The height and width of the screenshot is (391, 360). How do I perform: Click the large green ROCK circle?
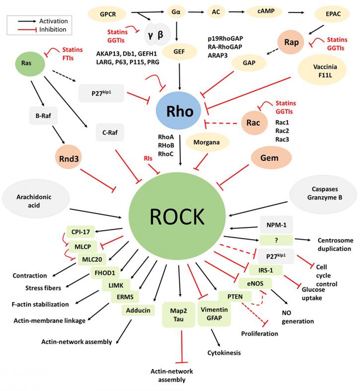[177, 216]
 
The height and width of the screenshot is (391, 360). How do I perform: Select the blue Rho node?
[179, 111]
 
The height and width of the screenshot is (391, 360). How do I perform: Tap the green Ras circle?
[30, 64]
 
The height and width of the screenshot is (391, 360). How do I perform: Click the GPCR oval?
[108, 14]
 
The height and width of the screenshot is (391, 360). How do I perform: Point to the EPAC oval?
[333, 14]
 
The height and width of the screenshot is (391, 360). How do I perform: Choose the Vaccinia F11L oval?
[322, 70]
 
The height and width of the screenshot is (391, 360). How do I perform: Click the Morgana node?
[207, 142]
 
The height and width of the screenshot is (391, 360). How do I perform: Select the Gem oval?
[271, 158]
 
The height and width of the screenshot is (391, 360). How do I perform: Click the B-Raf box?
[43, 116]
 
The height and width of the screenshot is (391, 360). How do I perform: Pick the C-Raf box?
[110, 132]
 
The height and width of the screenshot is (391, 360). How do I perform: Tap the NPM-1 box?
[277, 225]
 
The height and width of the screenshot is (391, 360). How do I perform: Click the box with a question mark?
[276, 240]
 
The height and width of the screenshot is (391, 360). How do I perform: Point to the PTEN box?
[235, 297]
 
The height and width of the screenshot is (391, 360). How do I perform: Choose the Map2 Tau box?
[179, 315]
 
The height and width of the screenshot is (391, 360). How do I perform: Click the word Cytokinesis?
[224, 353]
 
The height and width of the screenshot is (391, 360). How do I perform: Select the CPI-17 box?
[80, 232]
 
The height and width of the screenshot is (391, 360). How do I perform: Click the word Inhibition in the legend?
[53, 29]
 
